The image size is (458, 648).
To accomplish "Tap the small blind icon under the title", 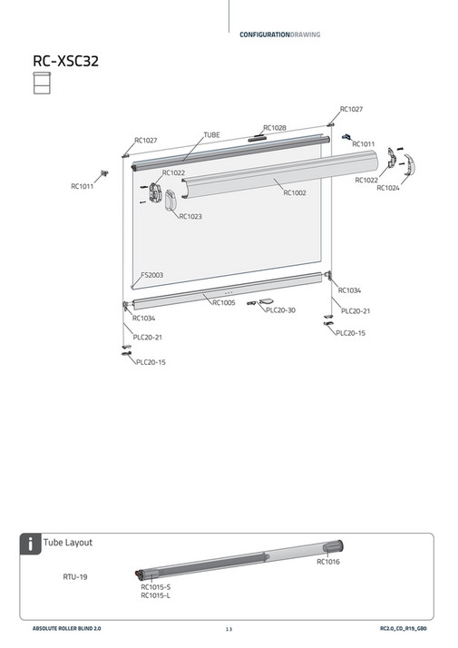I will (x=41, y=84).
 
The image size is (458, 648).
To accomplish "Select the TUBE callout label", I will (x=210, y=134).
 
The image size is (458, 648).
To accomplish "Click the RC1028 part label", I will (x=274, y=128).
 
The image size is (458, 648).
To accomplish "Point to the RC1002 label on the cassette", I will (x=294, y=192).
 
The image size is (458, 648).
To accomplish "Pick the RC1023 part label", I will (x=190, y=216).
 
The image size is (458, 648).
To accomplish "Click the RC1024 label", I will (x=387, y=188).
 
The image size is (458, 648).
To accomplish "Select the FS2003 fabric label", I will (x=151, y=274).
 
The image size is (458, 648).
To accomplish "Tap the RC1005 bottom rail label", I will (x=223, y=302).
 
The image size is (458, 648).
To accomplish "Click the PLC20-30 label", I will (x=280, y=310).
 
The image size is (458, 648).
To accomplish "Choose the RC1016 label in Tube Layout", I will (x=327, y=562).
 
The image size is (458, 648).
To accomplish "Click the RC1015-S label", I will (x=155, y=586).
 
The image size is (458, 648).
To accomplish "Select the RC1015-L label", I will (x=155, y=595).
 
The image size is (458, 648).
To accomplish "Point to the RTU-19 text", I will (x=74, y=575).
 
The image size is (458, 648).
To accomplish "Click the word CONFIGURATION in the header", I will (x=264, y=34).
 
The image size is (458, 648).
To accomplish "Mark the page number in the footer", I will (x=229, y=628).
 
